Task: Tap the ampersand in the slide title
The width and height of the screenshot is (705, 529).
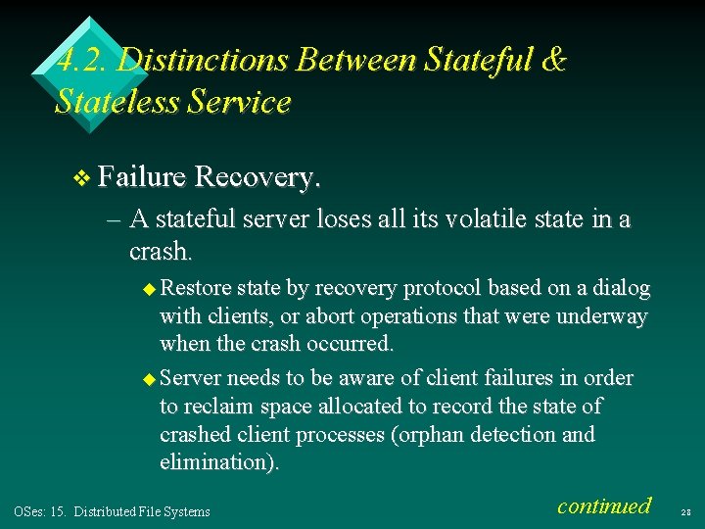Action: (552, 61)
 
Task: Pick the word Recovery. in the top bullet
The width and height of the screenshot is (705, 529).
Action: (258, 177)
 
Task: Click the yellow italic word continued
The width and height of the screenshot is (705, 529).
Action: (603, 505)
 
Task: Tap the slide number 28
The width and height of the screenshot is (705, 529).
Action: (685, 511)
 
